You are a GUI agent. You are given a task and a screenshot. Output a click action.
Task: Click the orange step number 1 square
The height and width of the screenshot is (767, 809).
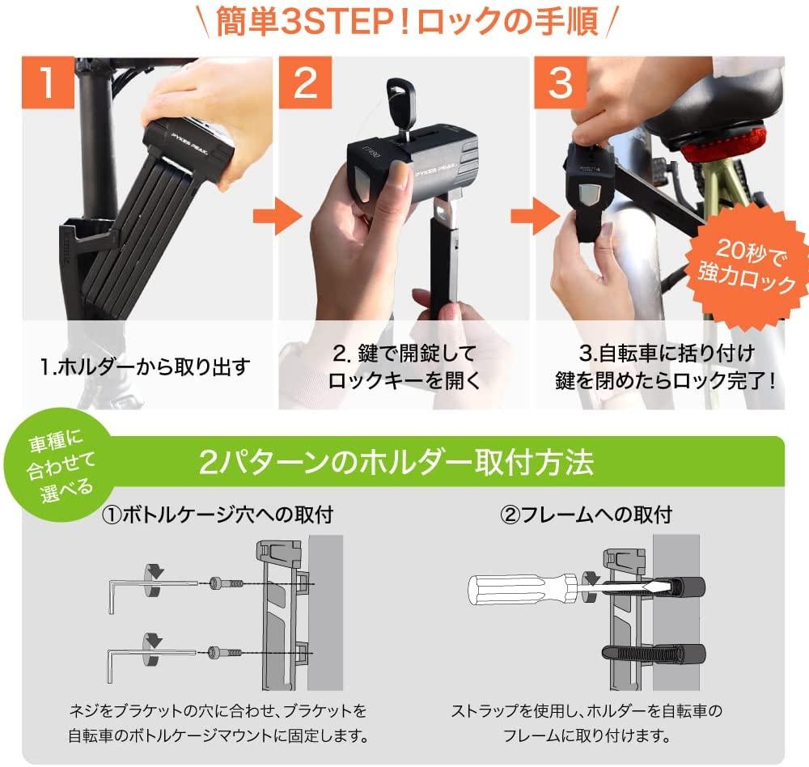pos(48,83)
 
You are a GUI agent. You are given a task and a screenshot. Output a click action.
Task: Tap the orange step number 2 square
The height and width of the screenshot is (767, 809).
pos(305,83)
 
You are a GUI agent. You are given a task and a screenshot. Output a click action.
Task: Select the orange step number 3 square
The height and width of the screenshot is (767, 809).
pos(561,83)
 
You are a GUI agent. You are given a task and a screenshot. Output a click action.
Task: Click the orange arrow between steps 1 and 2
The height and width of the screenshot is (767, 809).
pos(277,216)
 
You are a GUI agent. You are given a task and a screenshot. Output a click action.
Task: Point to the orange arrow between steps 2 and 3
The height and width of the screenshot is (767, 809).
pos(535,216)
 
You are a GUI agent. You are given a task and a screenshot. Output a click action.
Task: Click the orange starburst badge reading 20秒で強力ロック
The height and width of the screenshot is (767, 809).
pos(748,267)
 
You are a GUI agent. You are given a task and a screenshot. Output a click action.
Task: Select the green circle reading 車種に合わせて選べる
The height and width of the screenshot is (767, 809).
pos(61,471)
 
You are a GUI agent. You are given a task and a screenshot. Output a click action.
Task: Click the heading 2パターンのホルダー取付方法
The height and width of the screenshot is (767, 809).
pos(396,463)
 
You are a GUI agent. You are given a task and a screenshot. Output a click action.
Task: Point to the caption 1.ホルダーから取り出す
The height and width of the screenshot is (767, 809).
pos(145,367)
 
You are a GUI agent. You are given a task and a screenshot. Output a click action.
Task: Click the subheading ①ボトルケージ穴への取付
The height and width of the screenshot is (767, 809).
pos(217,515)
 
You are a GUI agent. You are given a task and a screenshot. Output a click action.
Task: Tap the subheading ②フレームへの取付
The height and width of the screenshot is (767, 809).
pos(586,515)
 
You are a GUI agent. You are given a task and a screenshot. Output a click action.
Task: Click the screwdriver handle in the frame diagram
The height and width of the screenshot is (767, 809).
pos(521,589)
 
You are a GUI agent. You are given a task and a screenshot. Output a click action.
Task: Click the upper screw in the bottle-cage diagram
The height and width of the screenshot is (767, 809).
pos(226,584)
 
